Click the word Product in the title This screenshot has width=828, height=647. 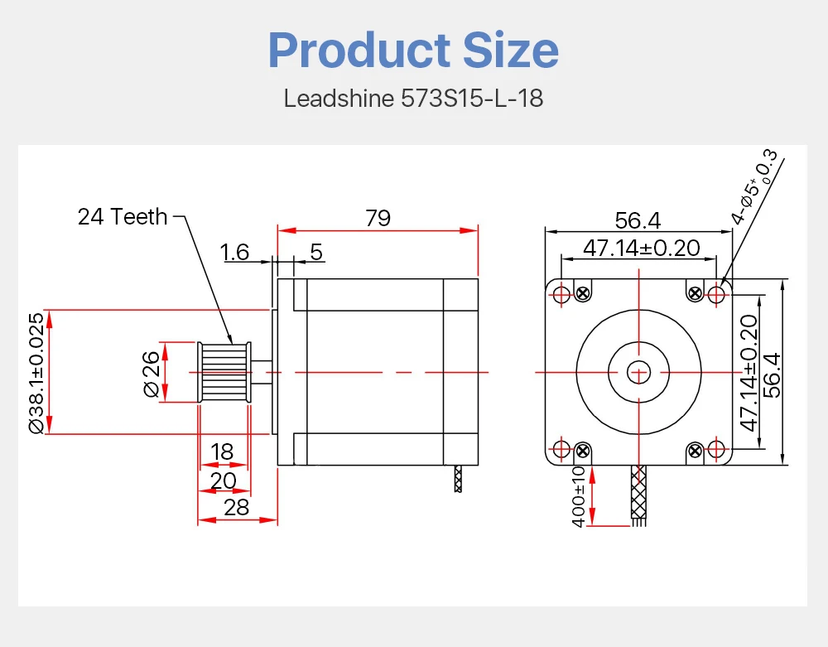[x=359, y=51]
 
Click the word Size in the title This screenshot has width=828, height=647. [x=511, y=51]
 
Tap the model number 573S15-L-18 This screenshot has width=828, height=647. [x=472, y=99]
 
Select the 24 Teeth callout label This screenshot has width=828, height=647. [x=123, y=216]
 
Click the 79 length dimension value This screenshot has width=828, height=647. [x=378, y=218]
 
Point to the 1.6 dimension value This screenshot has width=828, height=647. [x=234, y=252]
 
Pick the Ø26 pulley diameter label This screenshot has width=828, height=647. [x=151, y=374]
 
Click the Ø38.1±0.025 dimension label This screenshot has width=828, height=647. [x=36, y=373]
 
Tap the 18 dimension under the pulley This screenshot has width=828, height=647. [x=222, y=451]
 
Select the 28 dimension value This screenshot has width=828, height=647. [x=236, y=507]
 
